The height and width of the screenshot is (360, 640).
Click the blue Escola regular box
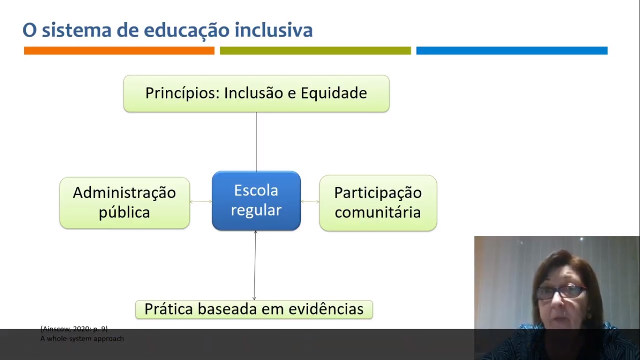coord(256,201)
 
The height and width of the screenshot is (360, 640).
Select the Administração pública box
coord(125,202)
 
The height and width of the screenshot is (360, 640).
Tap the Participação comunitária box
coord(378,202)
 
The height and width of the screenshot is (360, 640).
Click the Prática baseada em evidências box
coord(254,309)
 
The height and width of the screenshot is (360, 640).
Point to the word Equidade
coord(334,93)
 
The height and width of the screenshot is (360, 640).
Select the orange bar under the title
coord(119,51)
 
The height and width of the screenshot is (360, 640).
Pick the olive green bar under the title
coord(315,51)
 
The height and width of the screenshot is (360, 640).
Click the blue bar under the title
coord(512,51)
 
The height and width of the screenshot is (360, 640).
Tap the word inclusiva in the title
coord(274,30)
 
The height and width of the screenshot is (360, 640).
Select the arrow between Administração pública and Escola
coord(201,202)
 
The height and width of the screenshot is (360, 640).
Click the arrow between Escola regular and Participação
coord(310,202)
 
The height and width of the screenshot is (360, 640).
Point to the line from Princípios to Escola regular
coord(256,142)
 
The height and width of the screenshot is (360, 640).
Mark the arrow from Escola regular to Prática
coord(255,265)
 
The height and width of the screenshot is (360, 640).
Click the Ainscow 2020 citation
coord(74,329)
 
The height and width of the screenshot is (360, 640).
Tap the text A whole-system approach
coord(82,338)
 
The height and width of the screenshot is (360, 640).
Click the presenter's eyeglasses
coord(560,292)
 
